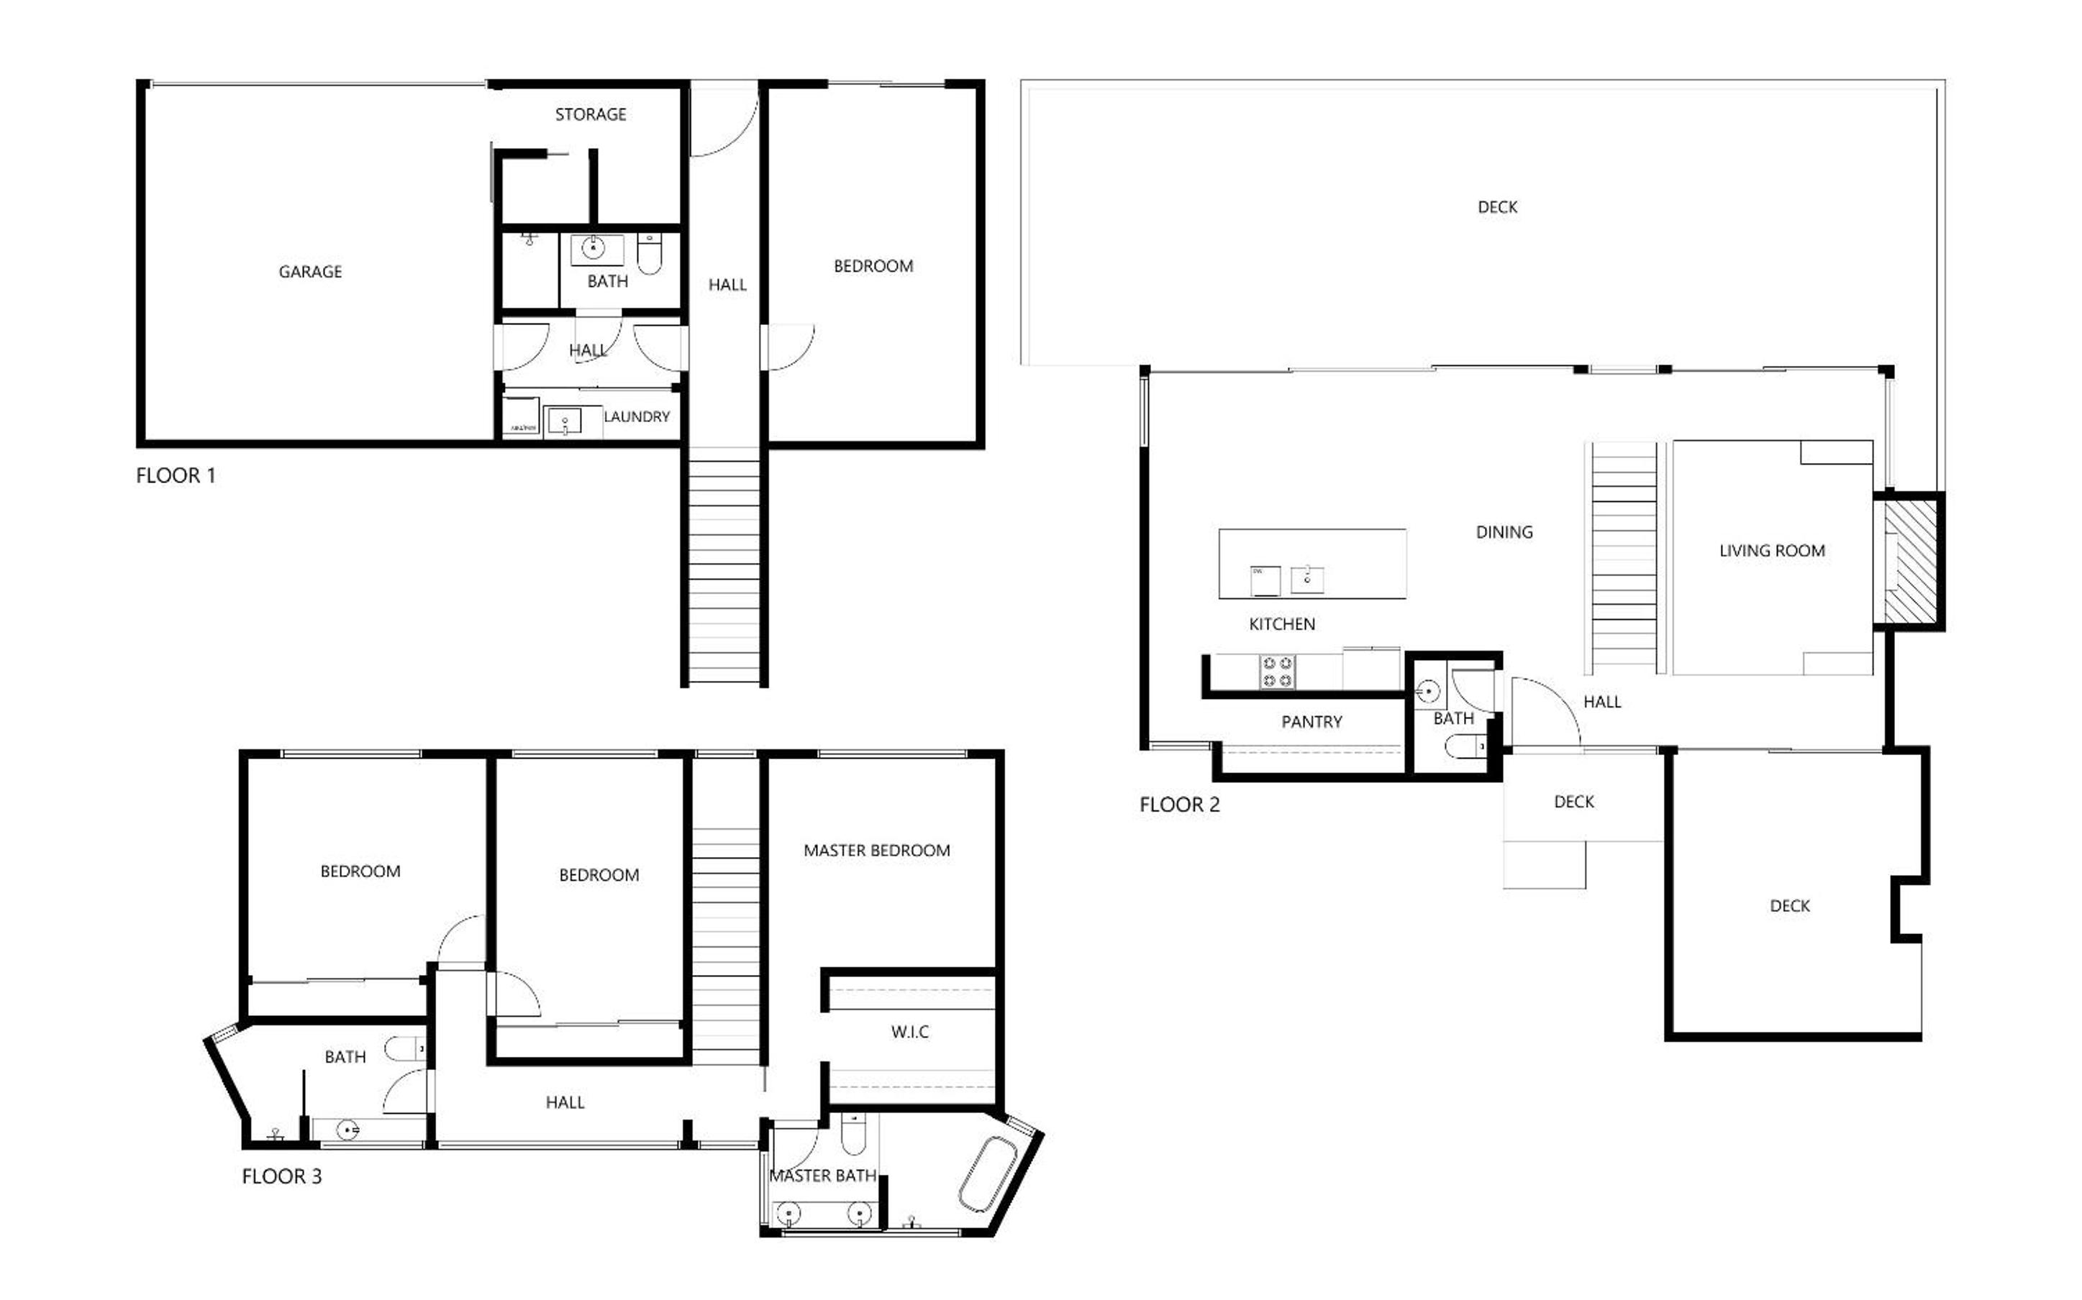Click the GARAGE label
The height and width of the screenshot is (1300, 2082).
tap(311, 272)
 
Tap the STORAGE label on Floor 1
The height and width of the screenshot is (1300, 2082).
tap(591, 114)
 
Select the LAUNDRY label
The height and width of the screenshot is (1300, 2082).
tap(637, 417)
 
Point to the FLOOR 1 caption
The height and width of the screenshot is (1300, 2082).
tap(176, 475)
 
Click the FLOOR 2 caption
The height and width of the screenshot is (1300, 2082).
tap(1179, 805)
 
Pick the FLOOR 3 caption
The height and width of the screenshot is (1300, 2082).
tap(281, 1176)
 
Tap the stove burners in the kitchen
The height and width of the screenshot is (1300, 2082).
tap(1277, 672)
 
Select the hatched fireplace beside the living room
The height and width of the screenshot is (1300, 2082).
tap(1910, 562)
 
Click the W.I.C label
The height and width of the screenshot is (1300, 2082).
tap(910, 1032)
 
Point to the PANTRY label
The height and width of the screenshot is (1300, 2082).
tap(1312, 722)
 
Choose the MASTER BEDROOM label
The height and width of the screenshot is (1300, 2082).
tap(876, 851)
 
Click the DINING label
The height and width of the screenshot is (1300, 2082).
tap(1504, 532)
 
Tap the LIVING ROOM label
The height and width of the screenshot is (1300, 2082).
tap(1771, 551)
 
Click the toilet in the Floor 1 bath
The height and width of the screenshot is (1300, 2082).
tap(650, 253)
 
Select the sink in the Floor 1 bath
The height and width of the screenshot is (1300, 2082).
tap(593, 249)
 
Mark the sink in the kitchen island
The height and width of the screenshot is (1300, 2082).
tap(1307, 579)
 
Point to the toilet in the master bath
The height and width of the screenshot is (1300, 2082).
tap(853, 1135)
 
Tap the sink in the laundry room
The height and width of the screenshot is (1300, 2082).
tap(564, 422)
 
